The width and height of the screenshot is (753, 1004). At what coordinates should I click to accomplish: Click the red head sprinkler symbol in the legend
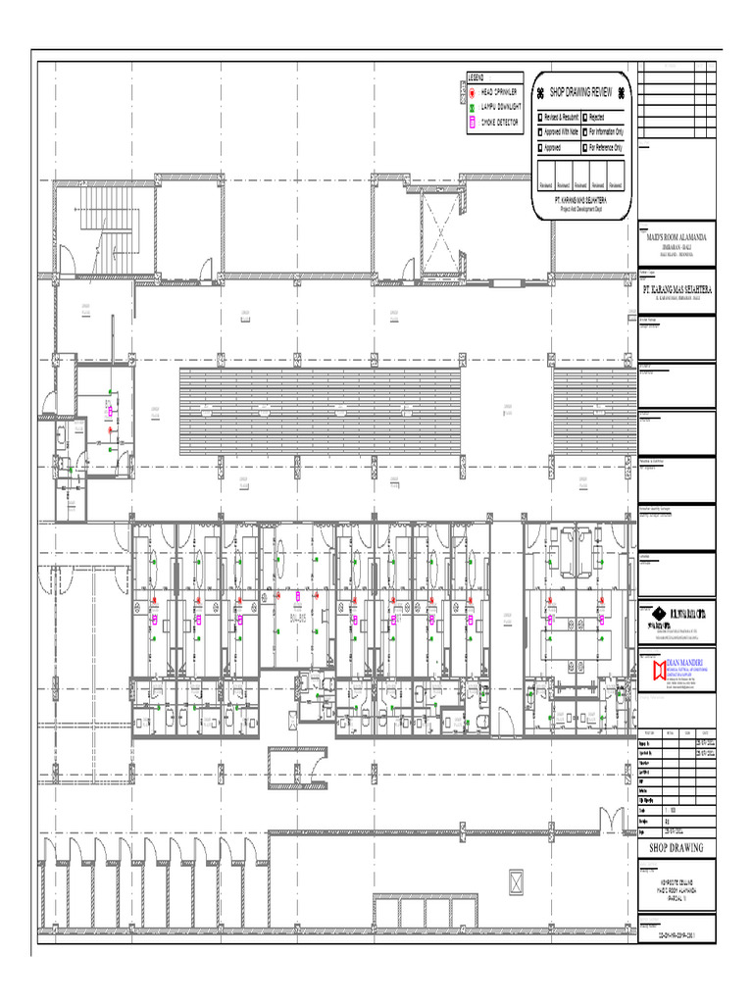(472, 90)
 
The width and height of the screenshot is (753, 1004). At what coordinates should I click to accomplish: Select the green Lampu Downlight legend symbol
(472, 106)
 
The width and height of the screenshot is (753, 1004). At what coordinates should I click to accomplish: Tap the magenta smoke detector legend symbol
(472, 123)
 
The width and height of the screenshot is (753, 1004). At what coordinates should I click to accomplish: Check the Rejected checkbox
(584, 117)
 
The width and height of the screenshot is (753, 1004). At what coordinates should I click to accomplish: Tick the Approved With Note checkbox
(539, 131)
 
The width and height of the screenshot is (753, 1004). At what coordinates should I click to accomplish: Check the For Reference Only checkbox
(584, 148)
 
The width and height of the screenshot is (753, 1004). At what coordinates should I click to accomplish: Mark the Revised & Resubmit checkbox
(539, 117)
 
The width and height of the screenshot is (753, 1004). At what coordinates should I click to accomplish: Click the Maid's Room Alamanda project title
(676, 237)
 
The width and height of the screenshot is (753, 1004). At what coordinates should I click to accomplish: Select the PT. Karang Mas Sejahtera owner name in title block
(676, 291)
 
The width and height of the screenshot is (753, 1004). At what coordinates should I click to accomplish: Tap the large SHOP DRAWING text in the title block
(676, 847)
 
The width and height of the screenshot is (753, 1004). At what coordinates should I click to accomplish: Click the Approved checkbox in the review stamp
(539, 148)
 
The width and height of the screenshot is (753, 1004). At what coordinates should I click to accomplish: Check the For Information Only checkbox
(584, 131)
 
